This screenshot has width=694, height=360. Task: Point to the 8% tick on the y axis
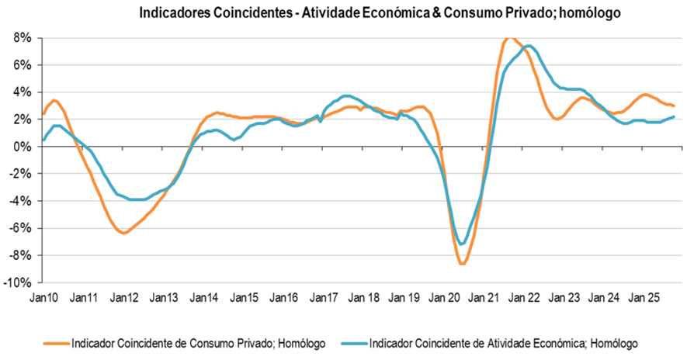(20, 37)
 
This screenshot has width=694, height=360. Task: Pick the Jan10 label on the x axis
(43, 297)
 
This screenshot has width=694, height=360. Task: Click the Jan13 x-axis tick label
(164, 297)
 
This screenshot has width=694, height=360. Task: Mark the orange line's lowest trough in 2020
(463, 264)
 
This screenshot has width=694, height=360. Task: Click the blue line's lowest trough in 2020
(463, 244)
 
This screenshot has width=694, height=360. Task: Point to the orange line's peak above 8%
(509, 37)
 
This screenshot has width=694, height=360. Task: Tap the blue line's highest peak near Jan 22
(529, 46)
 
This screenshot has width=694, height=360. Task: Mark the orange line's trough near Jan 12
(123, 233)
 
